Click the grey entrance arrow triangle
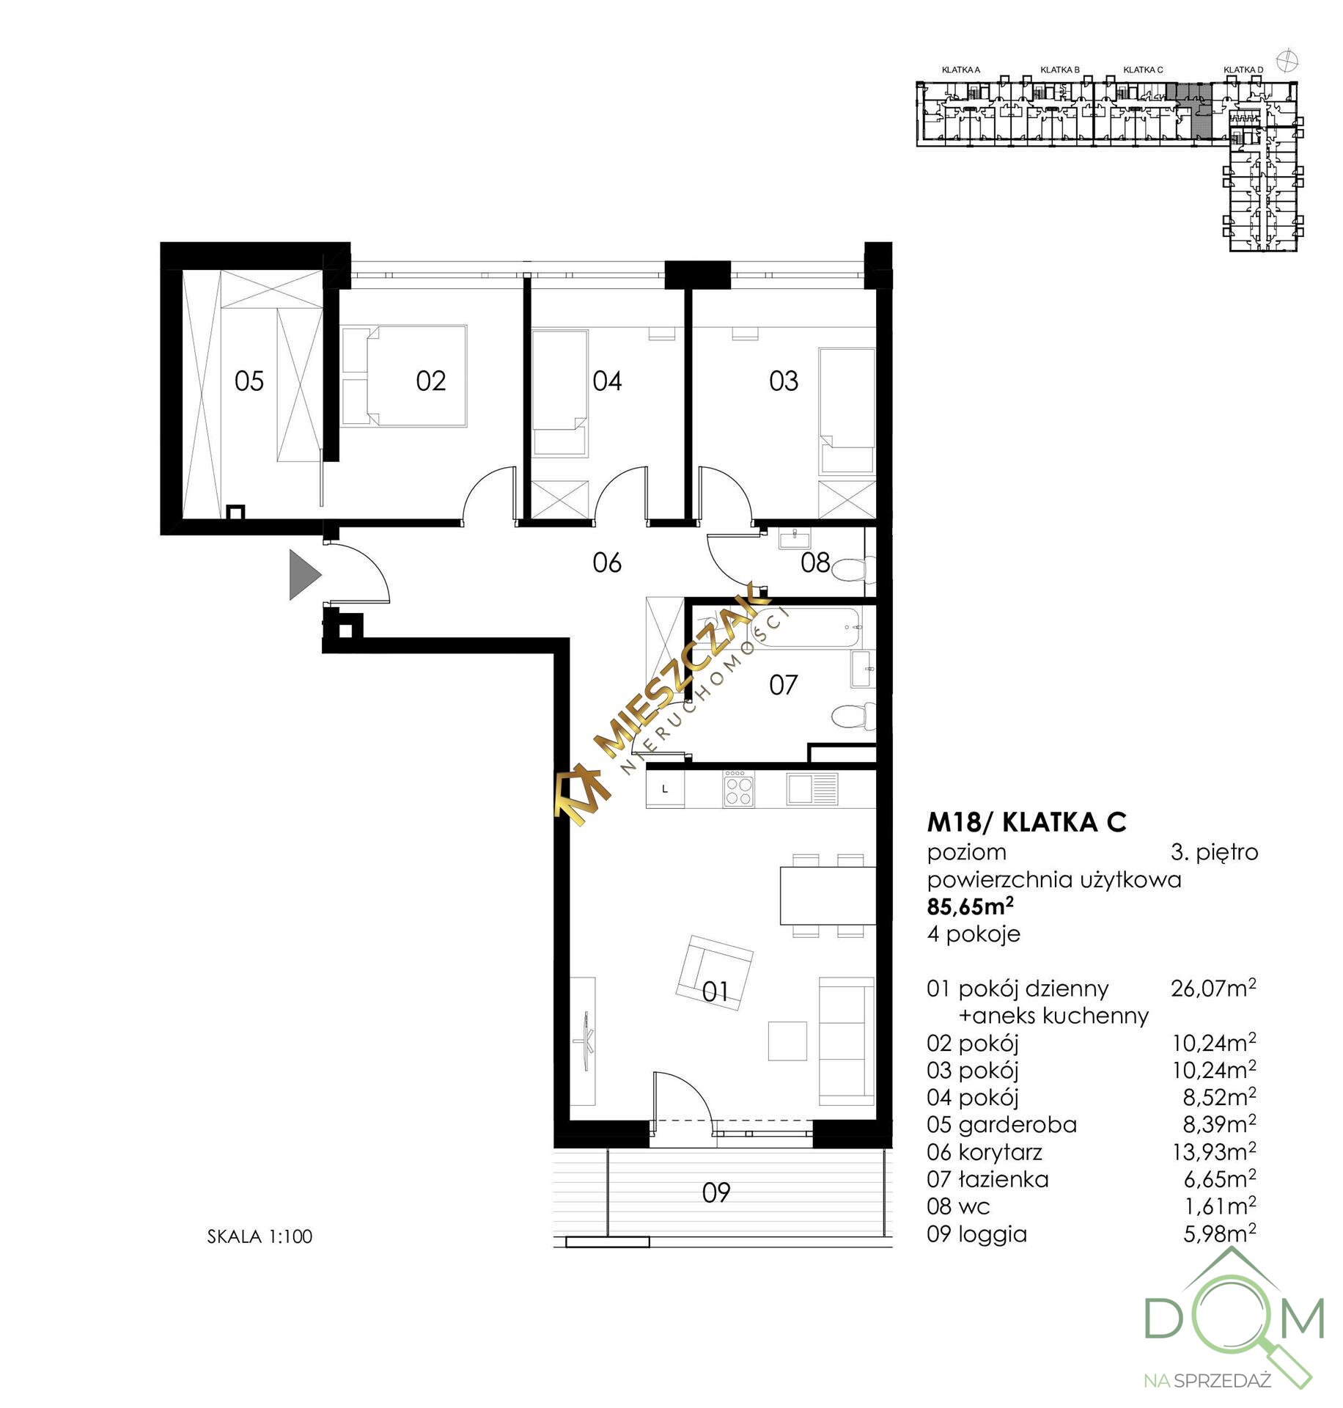tap(303, 574)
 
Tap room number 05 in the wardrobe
tap(249, 381)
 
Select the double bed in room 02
tap(405, 376)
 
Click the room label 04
tap(607, 381)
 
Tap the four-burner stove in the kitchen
tap(737, 788)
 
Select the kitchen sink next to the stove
tap(812, 789)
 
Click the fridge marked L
tap(665, 788)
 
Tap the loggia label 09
tap(716, 1193)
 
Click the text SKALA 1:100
tap(260, 1236)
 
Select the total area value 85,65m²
tap(971, 906)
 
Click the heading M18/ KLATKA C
tap(1027, 823)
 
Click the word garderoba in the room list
tap(1018, 1125)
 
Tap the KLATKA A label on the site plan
tap(961, 70)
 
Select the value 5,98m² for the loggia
tap(1220, 1233)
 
